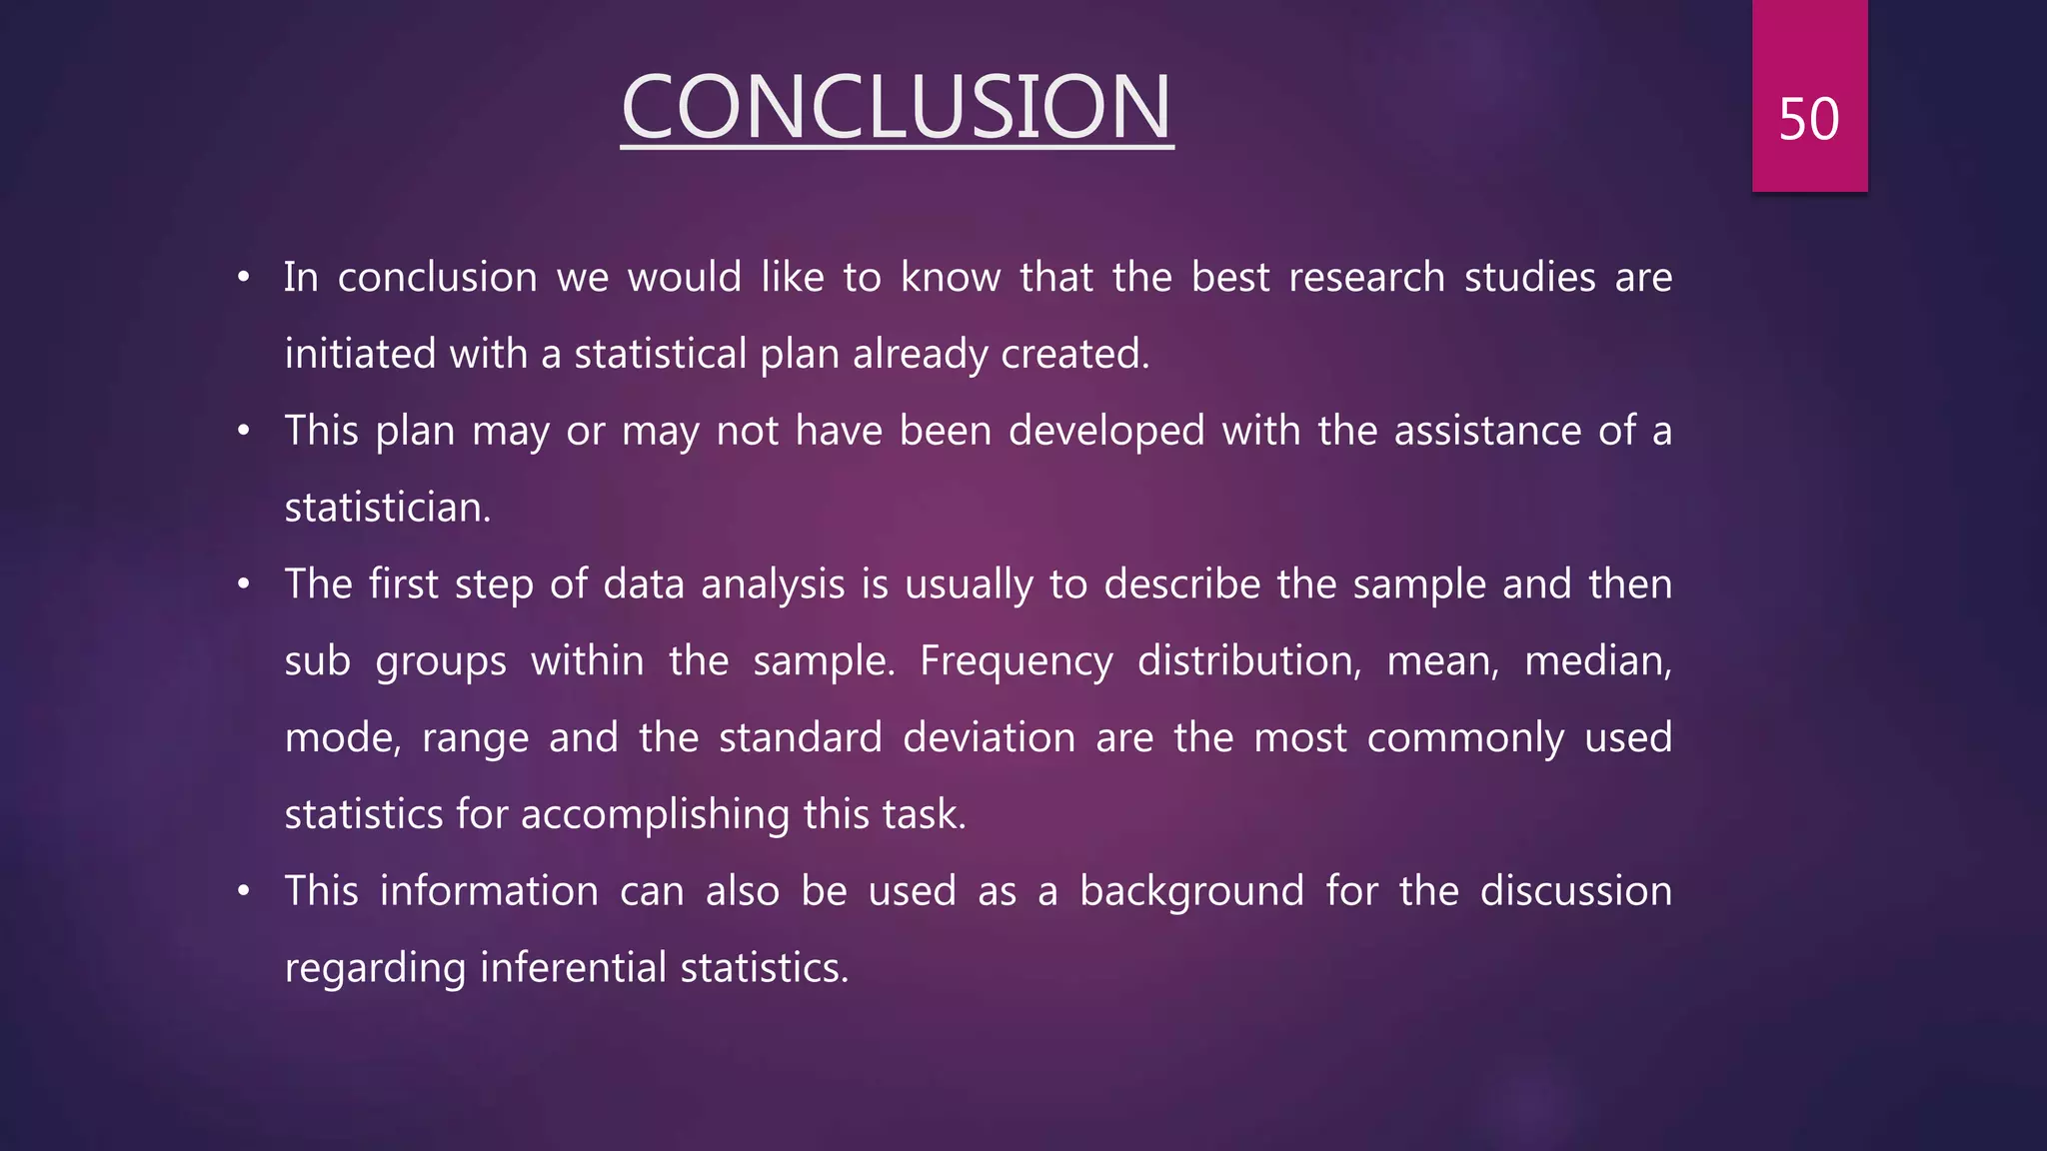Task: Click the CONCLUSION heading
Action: coord(897,107)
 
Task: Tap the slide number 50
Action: coord(1808,119)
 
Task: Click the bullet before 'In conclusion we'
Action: coord(243,277)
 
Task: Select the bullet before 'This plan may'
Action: coord(243,431)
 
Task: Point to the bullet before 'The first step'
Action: coord(243,584)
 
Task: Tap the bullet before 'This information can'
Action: coord(243,891)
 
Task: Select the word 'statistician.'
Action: coord(388,508)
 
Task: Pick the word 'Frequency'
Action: coord(1016,661)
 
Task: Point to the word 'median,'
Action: coord(1597,661)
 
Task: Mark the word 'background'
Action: coord(1191,891)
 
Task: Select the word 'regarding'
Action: coord(375,968)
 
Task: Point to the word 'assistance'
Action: coord(1487,431)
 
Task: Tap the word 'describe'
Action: coord(1181,584)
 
